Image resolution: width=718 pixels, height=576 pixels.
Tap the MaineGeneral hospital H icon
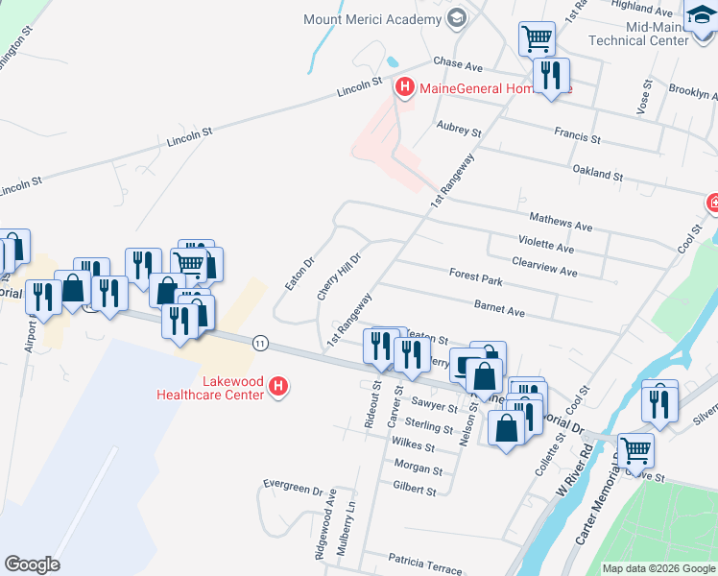405,88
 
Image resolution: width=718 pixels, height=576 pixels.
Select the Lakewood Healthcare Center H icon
278,387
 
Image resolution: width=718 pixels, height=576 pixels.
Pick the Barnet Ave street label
499,311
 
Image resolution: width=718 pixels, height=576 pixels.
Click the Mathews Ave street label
562,224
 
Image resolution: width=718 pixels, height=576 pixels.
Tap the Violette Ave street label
545,247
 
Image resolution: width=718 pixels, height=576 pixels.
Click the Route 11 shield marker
260,342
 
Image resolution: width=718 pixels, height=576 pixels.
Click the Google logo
33,564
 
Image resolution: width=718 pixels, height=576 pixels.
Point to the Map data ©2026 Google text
658,568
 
